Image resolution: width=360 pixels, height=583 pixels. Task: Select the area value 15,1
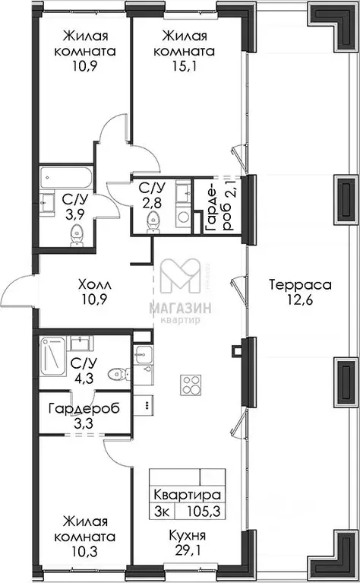click(184, 66)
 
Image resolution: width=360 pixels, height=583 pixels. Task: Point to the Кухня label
click(188, 536)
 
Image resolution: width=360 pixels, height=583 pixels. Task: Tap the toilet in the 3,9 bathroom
click(77, 235)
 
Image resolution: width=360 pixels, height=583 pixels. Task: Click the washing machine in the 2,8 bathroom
click(182, 217)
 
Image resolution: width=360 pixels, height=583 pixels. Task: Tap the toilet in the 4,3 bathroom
click(119, 375)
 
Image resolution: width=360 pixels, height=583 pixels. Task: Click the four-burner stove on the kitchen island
click(191, 385)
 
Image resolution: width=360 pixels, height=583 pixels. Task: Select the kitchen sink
click(143, 353)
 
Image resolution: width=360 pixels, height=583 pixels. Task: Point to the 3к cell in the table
click(162, 512)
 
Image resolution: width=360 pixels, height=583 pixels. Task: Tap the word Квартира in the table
click(188, 496)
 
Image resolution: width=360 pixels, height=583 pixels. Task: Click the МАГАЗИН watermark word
click(181, 308)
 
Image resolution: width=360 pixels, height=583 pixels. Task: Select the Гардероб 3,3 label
click(84, 416)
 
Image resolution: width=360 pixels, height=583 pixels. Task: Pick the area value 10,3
click(85, 551)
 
